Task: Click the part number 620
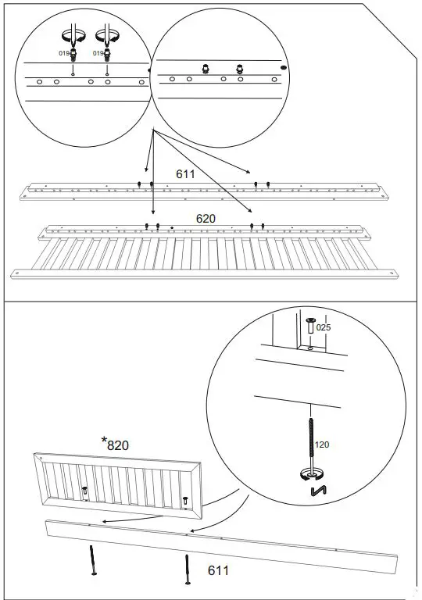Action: [205, 220]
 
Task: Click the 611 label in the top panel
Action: [185, 173]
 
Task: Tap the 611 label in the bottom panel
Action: [218, 571]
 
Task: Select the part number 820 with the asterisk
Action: [118, 445]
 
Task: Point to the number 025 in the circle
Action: [324, 327]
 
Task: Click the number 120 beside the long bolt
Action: [321, 445]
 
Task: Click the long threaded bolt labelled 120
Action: [311, 441]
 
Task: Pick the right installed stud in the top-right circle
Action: [241, 68]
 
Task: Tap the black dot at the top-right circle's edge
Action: [284, 68]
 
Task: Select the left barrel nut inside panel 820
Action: [84, 491]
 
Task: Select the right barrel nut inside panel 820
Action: [185, 501]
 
